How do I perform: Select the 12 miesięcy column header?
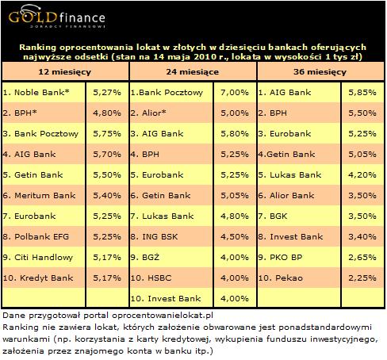pyautogui.click(x=65, y=72)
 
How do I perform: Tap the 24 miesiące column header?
pyautogui.click(x=193, y=72)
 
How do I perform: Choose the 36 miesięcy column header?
pyautogui.click(x=320, y=72)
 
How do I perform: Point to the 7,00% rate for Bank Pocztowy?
pyautogui.click(x=235, y=92)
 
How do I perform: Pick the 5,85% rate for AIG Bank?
pyautogui.click(x=362, y=92)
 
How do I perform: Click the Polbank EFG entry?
pyautogui.click(x=36, y=236)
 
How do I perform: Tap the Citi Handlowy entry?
pyautogui.click(x=38, y=257)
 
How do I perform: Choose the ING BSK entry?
pyautogui.click(x=154, y=236)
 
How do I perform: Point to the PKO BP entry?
pyautogui.click(x=280, y=257)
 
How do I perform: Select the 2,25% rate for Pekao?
pyautogui.click(x=362, y=278)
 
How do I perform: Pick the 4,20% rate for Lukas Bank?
pyautogui.click(x=362, y=174)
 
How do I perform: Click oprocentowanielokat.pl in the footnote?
pyautogui.click(x=163, y=316)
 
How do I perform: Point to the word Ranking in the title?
pyautogui.click(x=38, y=48)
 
